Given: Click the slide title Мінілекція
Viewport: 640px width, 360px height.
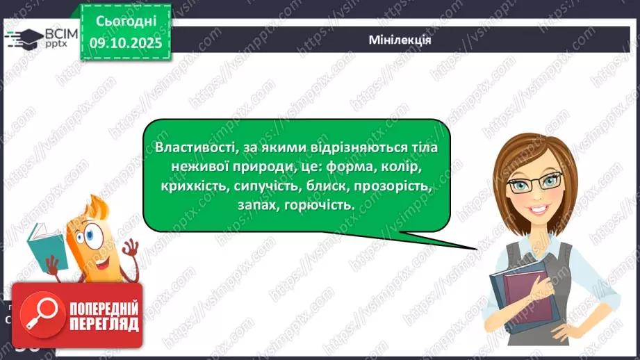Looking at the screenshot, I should click(400, 40).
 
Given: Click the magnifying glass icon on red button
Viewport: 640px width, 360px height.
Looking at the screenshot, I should click(35, 315).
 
